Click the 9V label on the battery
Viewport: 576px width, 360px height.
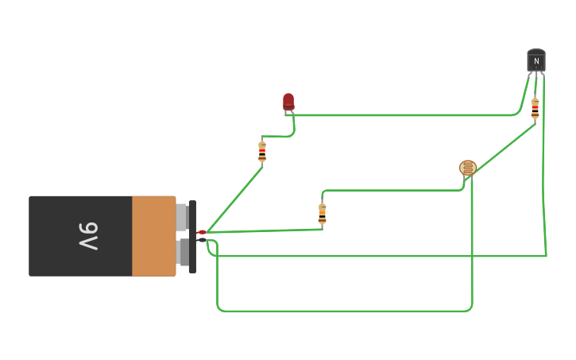tap(88, 236)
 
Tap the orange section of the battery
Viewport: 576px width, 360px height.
tap(153, 236)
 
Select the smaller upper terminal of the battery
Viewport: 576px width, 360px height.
tap(182, 217)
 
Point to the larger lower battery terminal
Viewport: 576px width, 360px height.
tap(184, 253)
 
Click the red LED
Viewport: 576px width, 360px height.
tap(288, 102)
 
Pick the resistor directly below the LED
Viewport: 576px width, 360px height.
tap(262, 151)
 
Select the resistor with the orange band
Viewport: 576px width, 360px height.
tap(322, 213)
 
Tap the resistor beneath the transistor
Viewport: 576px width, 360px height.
tap(535, 107)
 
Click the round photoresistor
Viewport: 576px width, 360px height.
tap(467, 168)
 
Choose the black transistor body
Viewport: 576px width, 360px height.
tap(536, 60)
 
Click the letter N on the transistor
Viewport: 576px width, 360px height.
tap(536, 61)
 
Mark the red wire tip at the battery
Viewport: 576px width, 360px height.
tap(202, 232)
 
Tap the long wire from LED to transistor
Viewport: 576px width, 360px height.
tap(405, 115)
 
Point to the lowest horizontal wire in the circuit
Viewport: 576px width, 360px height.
tap(342, 311)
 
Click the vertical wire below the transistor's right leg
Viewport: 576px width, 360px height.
tap(543, 175)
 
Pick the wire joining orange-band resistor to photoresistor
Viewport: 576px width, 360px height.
tap(389, 190)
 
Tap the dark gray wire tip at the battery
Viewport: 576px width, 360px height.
tap(202, 239)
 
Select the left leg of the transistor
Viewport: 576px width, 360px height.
tap(528, 83)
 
